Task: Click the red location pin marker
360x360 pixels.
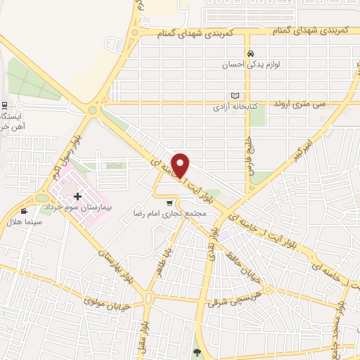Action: tap(181, 165)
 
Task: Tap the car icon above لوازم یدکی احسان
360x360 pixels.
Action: tap(249, 53)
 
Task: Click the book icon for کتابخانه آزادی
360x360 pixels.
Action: tap(236, 96)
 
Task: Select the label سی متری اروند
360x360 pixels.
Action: tap(310, 103)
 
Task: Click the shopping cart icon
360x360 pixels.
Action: tap(169, 203)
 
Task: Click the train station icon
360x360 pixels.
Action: tap(6, 105)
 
